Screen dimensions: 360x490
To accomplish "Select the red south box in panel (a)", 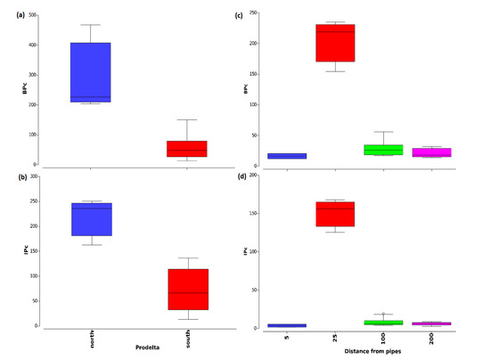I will pyautogui.click(x=187, y=148).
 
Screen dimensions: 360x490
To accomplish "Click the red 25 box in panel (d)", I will pyautogui.click(x=336, y=214).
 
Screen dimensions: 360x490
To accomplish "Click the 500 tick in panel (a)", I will pyautogui.click(x=32, y=16).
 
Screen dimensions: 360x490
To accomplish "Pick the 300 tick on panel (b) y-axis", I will pyautogui.click(x=32, y=176).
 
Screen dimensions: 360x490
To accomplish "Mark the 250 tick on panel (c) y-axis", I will pyautogui.click(x=266, y=13).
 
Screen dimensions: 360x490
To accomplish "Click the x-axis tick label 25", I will pyautogui.click(x=336, y=340).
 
